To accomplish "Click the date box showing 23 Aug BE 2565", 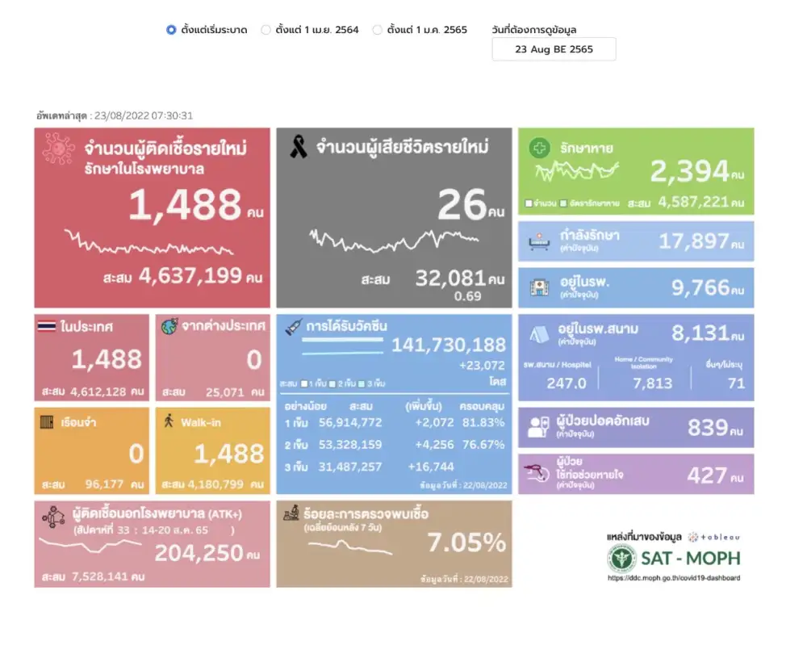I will click(x=554, y=49).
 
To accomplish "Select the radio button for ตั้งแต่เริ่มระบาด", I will click(x=171, y=30).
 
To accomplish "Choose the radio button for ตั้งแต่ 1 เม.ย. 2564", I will click(x=266, y=30).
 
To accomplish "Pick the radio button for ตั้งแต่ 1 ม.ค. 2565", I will click(x=378, y=30).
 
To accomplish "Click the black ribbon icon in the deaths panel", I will click(x=298, y=147).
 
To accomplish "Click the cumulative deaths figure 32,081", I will click(x=450, y=279).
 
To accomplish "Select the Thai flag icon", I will click(x=47, y=327).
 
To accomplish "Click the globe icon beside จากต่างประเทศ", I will click(x=169, y=327).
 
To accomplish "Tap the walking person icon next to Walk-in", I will click(x=169, y=421).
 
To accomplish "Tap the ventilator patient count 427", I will click(x=706, y=475).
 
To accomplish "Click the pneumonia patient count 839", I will click(x=708, y=427).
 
